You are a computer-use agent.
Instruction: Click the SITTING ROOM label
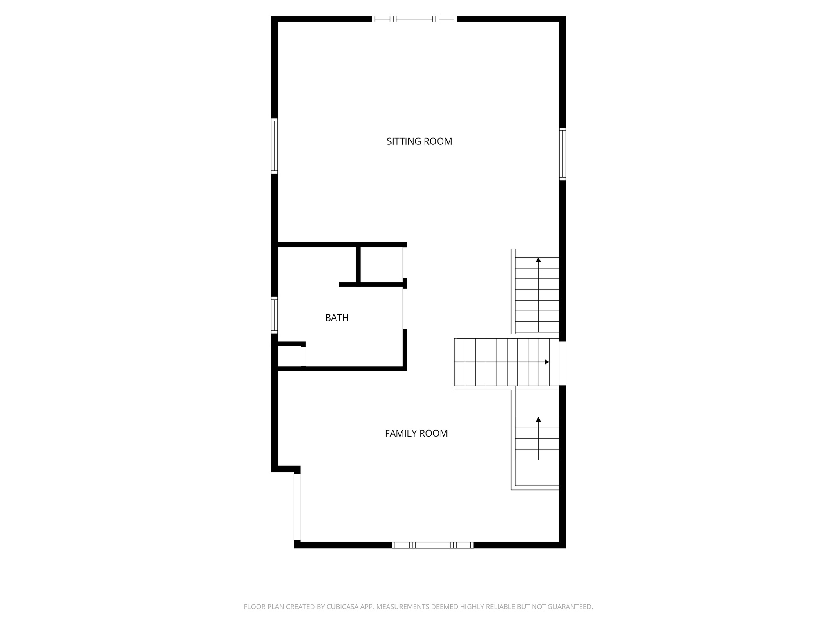click(419, 141)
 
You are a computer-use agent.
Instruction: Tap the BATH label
click(337, 318)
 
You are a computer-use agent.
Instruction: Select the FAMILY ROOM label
click(416, 433)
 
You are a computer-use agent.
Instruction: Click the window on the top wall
click(414, 19)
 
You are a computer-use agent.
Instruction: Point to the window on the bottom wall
click(432, 545)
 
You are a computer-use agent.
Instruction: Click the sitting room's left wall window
click(274, 146)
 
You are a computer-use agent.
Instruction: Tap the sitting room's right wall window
click(562, 154)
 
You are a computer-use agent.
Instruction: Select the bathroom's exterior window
click(274, 315)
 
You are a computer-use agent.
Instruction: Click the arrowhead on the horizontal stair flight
click(547, 362)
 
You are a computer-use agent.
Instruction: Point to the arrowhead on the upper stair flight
click(538, 260)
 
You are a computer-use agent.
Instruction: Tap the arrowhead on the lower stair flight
click(538, 419)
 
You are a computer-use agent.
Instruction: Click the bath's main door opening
click(405, 309)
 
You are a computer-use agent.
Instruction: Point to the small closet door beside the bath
click(405, 262)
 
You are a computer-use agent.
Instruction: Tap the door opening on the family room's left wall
click(298, 507)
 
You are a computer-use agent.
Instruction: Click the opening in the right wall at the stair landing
click(563, 363)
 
